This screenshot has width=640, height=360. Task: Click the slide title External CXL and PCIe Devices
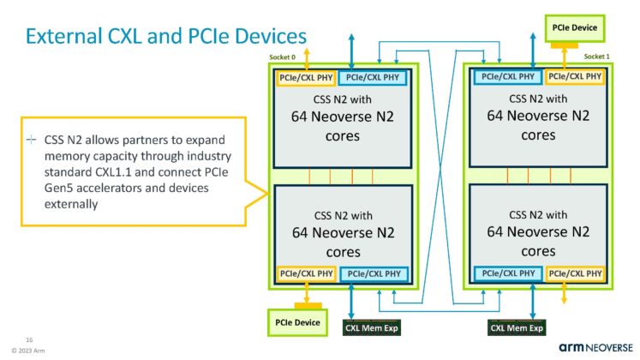pyautogui.click(x=164, y=36)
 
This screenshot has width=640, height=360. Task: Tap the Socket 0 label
pyautogui.click(x=284, y=57)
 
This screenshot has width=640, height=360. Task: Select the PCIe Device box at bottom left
pyautogui.click(x=296, y=322)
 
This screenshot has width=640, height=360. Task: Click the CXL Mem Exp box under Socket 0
pyautogui.click(x=372, y=327)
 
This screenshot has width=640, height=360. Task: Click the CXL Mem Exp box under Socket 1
pyautogui.click(x=517, y=327)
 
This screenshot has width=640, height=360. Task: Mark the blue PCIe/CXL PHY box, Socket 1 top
pyautogui.click(x=507, y=77)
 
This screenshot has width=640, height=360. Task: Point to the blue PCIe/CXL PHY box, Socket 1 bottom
pyautogui.click(x=507, y=273)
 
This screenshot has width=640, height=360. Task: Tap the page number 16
pyautogui.click(x=28, y=339)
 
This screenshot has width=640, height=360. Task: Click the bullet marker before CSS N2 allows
pyautogui.click(x=31, y=140)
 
